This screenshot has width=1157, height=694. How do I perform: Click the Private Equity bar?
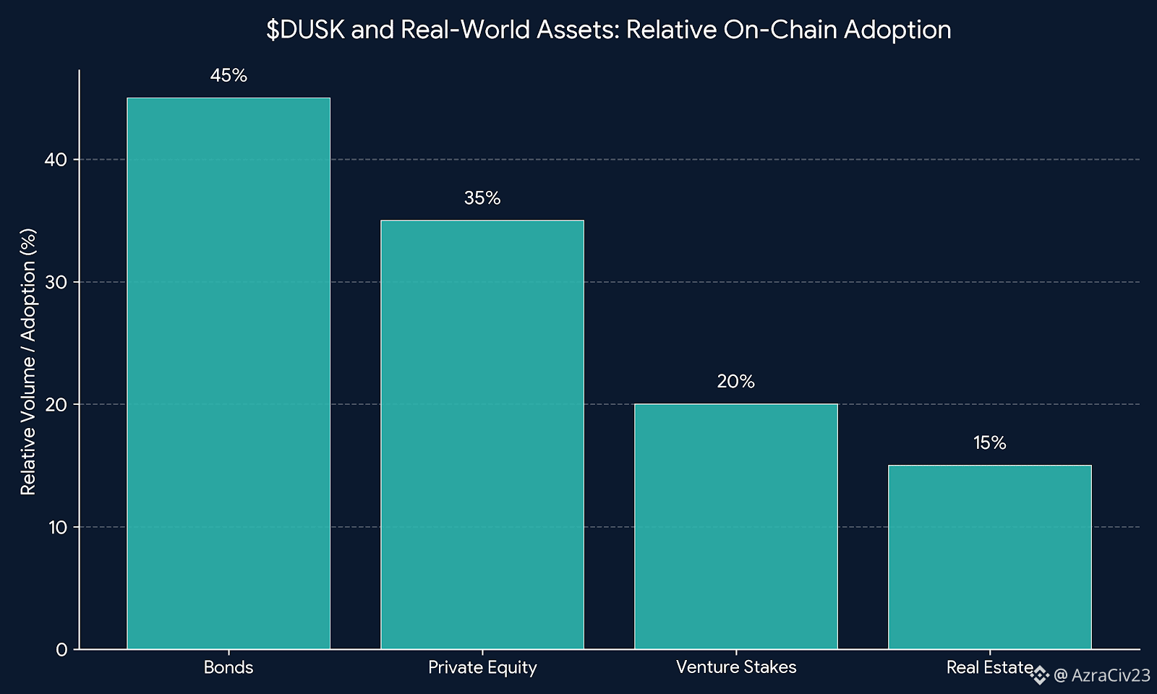click(x=482, y=434)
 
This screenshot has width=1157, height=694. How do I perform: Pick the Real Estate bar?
click(x=989, y=557)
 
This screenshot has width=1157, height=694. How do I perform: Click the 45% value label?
click(x=229, y=76)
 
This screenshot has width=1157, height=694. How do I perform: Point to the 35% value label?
click(x=482, y=198)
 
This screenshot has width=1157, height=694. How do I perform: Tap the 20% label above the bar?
click(x=736, y=382)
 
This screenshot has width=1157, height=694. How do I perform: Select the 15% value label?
click(x=989, y=443)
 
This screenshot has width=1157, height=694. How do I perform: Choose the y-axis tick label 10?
click(x=58, y=527)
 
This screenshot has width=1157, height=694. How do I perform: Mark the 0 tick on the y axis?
click(x=61, y=649)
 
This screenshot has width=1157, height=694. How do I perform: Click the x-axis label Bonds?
click(x=229, y=667)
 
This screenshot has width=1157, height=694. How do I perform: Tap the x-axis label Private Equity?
click(x=482, y=667)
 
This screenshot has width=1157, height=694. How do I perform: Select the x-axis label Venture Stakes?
click(x=736, y=667)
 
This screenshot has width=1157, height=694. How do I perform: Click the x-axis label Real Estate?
click(x=989, y=667)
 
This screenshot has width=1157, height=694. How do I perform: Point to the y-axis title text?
click(x=28, y=361)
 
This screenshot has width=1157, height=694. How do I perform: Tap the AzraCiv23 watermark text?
click(x=1110, y=675)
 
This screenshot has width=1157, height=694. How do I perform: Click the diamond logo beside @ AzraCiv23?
click(x=1040, y=675)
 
